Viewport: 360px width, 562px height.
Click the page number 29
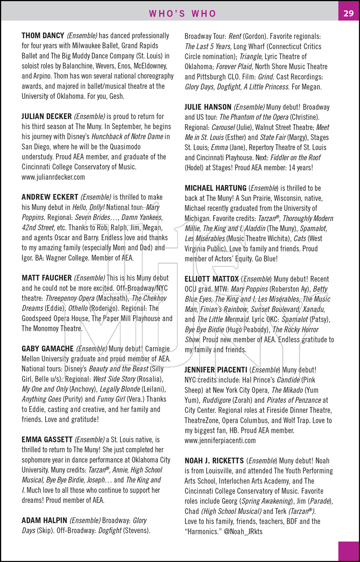tap(348, 13)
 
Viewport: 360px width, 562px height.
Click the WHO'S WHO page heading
tap(183, 14)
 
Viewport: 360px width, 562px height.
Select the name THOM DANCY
tap(43, 36)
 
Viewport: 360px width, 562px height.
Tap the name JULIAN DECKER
tap(46, 117)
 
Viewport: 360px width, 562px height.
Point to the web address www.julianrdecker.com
tap(53, 177)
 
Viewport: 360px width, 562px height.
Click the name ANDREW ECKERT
tap(50, 197)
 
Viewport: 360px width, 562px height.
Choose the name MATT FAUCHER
tap(46, 278)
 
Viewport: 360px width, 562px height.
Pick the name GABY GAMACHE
tap(48, 349)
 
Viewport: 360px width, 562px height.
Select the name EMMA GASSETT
tap(47, 439)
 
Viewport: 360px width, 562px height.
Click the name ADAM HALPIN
tap(44, 520)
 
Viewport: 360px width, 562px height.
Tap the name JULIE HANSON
tap(208, 107)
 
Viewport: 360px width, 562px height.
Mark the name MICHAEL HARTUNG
tap(215, 188)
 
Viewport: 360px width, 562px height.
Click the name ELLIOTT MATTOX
tap(211, 279)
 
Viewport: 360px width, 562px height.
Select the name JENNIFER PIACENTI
tap(216, 370)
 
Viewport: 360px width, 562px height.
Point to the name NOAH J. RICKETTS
tap(214, 461)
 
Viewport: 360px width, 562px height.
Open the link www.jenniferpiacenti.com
tap(220, 441)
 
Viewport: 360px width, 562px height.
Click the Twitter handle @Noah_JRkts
tap(243, 532)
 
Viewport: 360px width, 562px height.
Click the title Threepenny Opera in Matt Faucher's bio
tap(70, 299)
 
